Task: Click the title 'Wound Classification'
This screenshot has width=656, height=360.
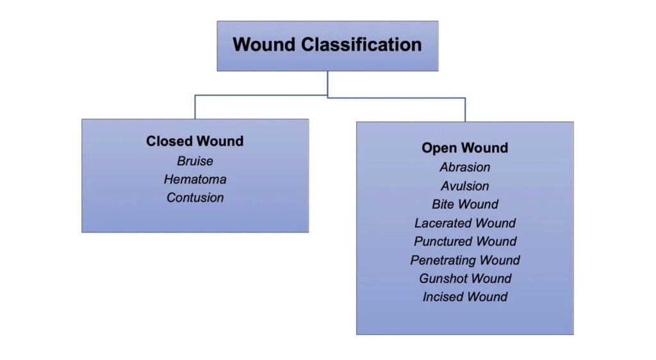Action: [327, 45]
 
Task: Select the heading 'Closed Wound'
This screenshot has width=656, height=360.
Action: [195, 142]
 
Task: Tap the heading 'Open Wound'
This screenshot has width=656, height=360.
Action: [464, 148]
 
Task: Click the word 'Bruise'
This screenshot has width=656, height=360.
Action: [195, 161]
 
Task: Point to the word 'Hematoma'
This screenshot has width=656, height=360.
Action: [195, 179]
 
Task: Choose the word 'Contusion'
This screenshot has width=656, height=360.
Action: [195, 198]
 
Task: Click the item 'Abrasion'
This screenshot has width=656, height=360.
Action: [464, 167]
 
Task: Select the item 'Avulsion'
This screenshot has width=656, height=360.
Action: [464, 186]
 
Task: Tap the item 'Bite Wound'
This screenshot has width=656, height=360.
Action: [464, 204]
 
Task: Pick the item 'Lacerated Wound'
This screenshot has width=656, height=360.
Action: [464, 223]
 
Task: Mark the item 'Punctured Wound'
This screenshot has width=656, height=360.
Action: [464, 241]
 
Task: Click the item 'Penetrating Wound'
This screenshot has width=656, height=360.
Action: [464, 260]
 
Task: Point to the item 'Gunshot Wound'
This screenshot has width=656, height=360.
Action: [464, 279]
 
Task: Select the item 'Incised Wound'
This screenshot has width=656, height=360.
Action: [464, 297]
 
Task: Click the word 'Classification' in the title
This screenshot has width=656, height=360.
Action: [362, 45]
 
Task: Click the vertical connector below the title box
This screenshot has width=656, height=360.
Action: [327, 83]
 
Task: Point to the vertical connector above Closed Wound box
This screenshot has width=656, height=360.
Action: [195, 107]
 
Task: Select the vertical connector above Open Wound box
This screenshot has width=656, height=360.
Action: [465, 110]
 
